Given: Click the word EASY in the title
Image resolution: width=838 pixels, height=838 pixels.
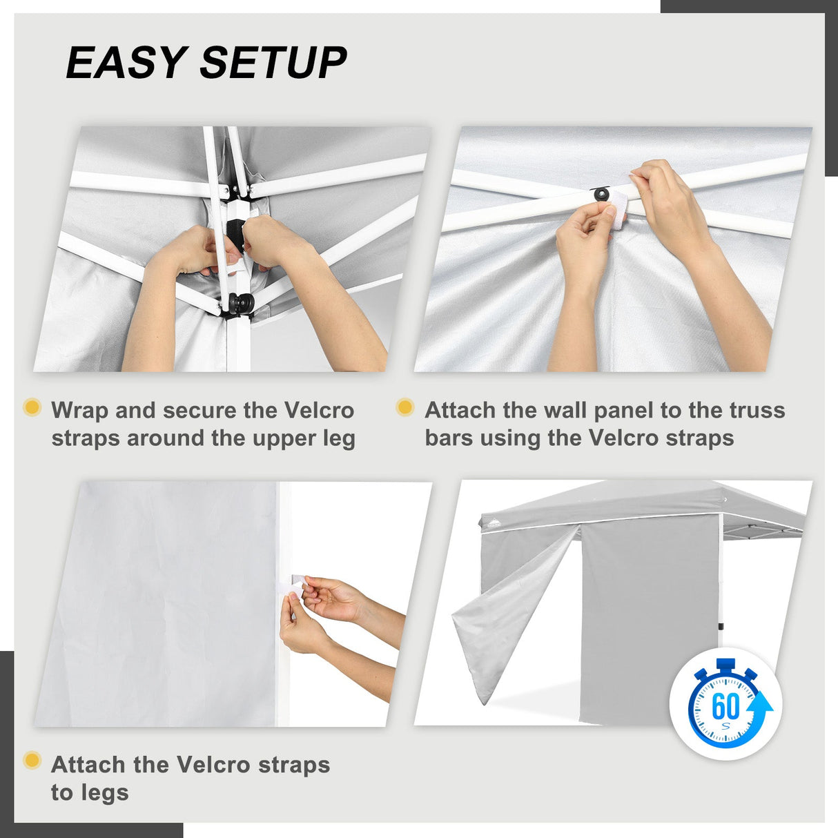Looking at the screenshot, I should click(126, 63).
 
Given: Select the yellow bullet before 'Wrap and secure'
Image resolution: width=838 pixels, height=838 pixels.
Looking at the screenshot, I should click(32, 407).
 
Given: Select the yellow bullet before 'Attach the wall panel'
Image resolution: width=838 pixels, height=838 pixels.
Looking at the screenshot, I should click(405, 407).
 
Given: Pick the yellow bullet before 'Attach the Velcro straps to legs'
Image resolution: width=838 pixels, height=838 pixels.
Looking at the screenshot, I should click(32, 761).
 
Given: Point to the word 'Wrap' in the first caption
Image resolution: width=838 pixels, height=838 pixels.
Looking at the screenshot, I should click(79, 410).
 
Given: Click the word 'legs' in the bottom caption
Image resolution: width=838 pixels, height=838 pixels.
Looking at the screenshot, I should click(90, 792).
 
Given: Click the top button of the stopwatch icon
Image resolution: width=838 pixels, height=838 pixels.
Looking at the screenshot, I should click(725, 665).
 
